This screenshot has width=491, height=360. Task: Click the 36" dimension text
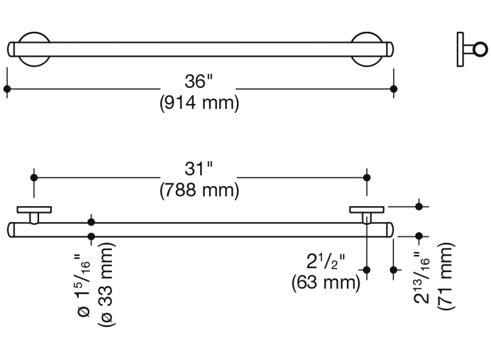coord(199,81)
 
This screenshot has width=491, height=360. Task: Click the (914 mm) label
coord(199,103)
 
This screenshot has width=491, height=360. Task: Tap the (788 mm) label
coord(199,191)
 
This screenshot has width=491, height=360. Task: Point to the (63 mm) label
coord(326,282)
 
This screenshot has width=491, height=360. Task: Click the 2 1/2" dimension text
coord(326,262)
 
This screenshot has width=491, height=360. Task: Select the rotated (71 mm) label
coord(446,276)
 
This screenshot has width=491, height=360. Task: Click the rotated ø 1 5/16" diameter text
coord(84,286)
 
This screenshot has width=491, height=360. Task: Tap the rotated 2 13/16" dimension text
coord(423,278)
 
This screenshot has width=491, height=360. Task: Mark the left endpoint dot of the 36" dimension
coord(7,89)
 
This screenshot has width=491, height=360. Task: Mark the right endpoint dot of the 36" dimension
coord(394,89)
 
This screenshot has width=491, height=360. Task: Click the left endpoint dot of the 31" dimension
coord(34,177)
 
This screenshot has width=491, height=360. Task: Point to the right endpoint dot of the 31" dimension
coord(366,177)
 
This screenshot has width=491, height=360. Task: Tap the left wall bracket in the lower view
coord(35,213)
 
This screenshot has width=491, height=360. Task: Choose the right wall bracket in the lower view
coord(366,213)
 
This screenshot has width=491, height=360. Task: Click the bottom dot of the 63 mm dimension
coord(366,269)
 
